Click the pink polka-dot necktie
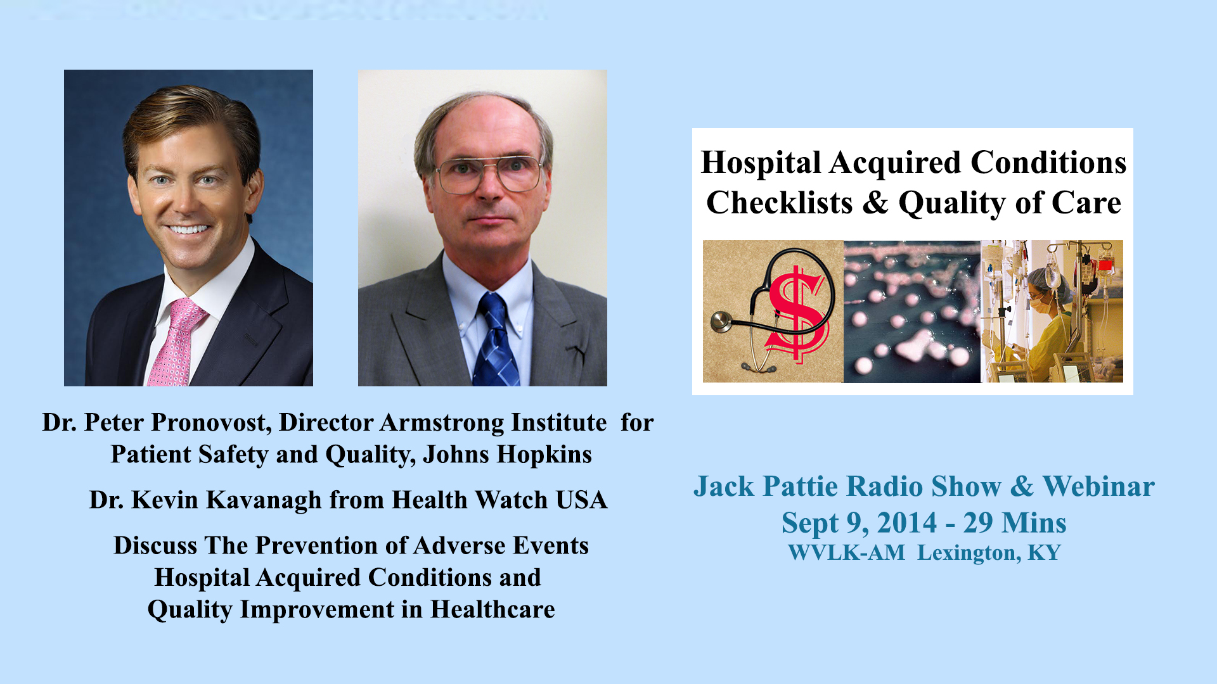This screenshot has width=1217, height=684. point(176,342)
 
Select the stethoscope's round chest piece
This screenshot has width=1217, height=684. point(721,322)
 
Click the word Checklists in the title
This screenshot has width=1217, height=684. point(780,203)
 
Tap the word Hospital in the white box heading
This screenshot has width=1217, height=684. point(761,163)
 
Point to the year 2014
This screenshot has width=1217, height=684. point(907,523)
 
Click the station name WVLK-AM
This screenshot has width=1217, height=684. point(847,552)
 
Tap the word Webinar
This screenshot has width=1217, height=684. point(1098,486)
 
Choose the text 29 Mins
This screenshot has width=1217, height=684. point(1015,523)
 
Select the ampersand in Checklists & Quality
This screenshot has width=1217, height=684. point(875,203)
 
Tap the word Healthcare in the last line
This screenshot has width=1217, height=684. point(493,609)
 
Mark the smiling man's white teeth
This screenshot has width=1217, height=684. point(188,229)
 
